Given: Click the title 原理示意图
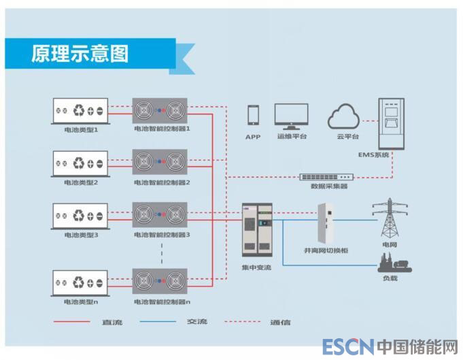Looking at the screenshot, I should coord(80,53).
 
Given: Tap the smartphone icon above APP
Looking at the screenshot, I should coord(254,115).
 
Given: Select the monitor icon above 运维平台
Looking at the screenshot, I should coord(292,116).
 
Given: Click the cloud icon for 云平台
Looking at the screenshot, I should coord(344,117).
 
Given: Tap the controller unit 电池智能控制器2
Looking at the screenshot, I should coord(160,163).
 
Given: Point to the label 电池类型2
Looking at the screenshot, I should coord(81,182).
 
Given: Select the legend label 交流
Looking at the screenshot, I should coord(197,322).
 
